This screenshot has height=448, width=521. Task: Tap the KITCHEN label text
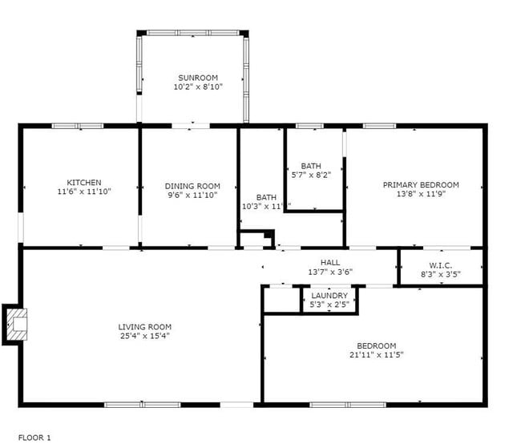pos(84,183)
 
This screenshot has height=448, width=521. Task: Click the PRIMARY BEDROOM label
pos(421,184)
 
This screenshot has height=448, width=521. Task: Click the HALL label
pos(330,262)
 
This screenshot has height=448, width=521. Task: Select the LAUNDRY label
pos(329,296)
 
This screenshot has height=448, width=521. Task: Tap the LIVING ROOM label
pos(145,327)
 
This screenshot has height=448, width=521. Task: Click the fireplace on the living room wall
pos(16,324)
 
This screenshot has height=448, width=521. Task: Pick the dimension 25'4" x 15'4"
pos(145,336)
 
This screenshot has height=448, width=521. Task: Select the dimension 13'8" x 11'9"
pos(421,193)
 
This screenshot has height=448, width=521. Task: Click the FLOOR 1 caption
pos(34,438)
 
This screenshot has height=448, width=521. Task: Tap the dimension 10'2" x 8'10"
pos(197,87)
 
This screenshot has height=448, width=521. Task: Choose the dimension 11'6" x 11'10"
pos(84,192)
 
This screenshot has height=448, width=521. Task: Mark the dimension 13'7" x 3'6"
pos(330,272)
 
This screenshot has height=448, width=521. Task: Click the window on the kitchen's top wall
pos(78,126)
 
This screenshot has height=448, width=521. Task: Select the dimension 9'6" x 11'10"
pos(192,195)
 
